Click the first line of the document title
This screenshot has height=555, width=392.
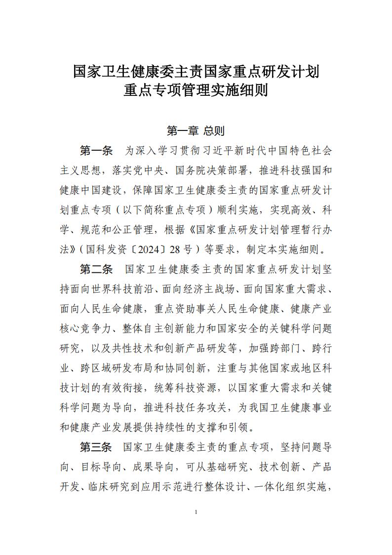(x=196, y=71)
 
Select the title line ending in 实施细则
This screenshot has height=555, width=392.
(x=196, y=91)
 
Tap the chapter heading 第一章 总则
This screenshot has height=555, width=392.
(x=196, y=131)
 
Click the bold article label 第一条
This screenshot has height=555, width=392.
(x=96, y=150)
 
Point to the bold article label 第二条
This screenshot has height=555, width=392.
(x=96, y=269)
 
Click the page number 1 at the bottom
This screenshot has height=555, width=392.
(x=196, y=512)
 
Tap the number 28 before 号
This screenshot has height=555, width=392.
(x=153, y=250)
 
